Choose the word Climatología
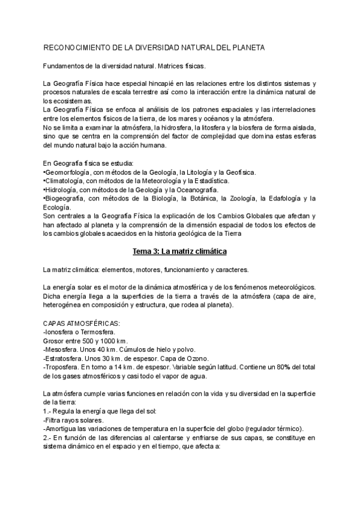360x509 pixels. pyautogui.click(x=66, y=181)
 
